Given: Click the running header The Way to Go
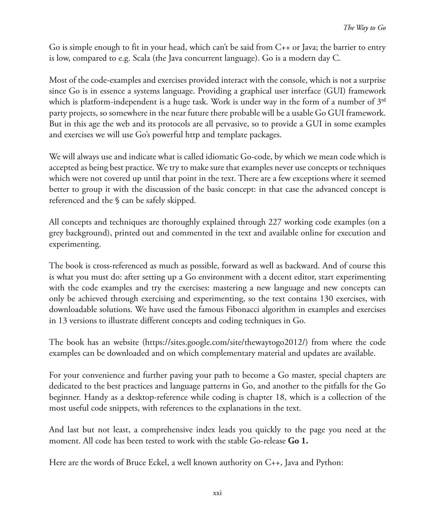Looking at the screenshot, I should (364, 28).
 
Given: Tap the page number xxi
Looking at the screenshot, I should (217, 493).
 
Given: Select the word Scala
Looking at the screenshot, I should (142, 58).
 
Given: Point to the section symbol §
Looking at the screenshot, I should (117, 200).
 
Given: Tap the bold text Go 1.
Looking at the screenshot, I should (298, 441).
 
